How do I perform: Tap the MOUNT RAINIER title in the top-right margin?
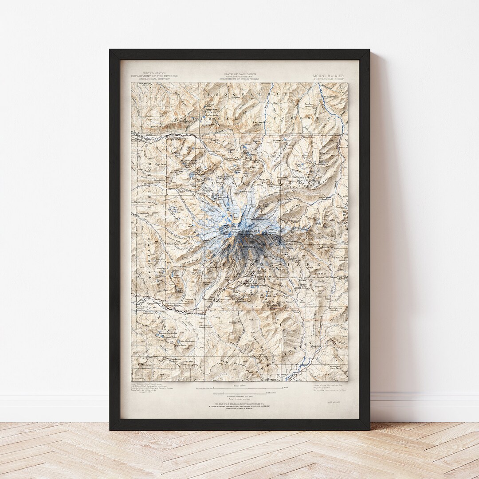pos(328,75)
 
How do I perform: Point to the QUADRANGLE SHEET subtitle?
pos(328,79)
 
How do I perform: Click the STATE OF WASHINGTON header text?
pos(239,74)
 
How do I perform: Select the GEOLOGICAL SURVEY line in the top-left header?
pos(154,79)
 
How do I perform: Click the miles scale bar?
pos(239,387)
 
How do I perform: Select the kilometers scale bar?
pos(239,393)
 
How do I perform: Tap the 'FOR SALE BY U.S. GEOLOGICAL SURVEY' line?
pos(239,405)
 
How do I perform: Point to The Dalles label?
pos(330,96)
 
